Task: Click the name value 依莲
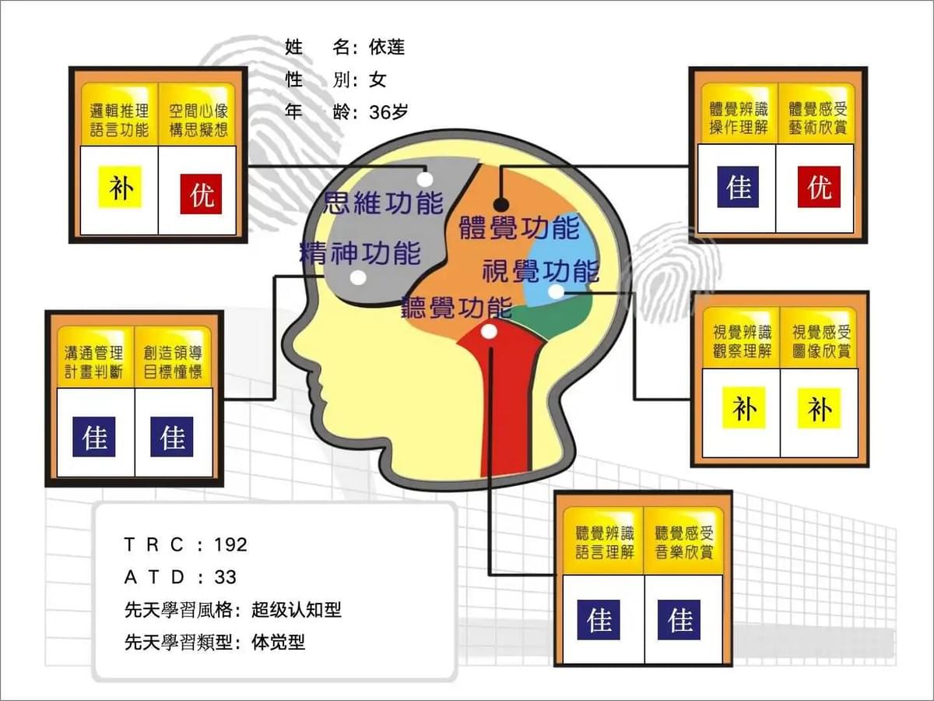tap(387, 47)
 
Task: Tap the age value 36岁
tap(389, 112)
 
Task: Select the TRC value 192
tap(230, 544)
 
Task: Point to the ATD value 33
tap(225, 577)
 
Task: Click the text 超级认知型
tap(297, 610)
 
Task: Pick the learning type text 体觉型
tap(279, 643)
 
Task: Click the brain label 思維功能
tap(384, 203)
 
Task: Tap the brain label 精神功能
tap(360, 253)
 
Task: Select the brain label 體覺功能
tap(519, 227)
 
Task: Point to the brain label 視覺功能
tap(541, 271)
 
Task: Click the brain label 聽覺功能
tap(457, 307)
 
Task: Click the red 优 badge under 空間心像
tap(201, 194)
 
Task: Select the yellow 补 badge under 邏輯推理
tap(120, 187)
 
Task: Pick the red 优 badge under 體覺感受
tap(819, 187)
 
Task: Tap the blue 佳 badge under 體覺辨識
tap(739, 187)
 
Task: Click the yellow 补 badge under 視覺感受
tap(819, 408)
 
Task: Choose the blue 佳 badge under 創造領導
tap(172, 437)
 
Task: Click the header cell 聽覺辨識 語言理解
tap(604, 542)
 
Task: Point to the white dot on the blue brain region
tap(556, 292)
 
